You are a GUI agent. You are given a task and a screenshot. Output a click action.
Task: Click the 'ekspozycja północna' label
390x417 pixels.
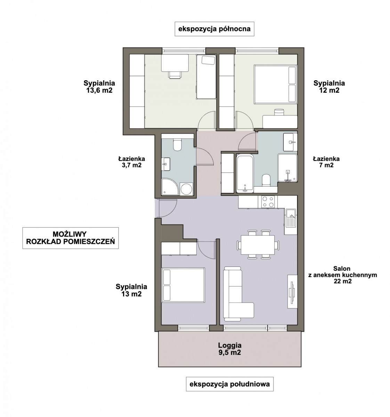tap(214, 29)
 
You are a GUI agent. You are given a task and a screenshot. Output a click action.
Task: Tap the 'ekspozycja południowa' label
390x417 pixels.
tap(229, 384)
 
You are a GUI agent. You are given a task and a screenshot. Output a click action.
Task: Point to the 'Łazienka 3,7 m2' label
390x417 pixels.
tap(131, 162)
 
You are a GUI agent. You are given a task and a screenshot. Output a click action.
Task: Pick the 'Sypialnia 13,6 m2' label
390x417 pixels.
tap(99, 87)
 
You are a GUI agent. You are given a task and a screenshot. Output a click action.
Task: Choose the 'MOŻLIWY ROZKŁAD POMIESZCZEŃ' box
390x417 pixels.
tap(71, 238)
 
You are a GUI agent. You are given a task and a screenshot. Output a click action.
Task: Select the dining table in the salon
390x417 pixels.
tap(258, 245)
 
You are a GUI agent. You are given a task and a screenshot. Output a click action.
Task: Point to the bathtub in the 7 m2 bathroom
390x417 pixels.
tap(245, 173)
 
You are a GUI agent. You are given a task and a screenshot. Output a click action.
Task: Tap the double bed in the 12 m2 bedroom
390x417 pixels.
tap(275, 84)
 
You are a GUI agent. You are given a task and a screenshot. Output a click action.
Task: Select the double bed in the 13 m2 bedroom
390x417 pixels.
tap(183, 285)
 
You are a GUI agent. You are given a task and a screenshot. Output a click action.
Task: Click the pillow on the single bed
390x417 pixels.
tap(208, 60)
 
